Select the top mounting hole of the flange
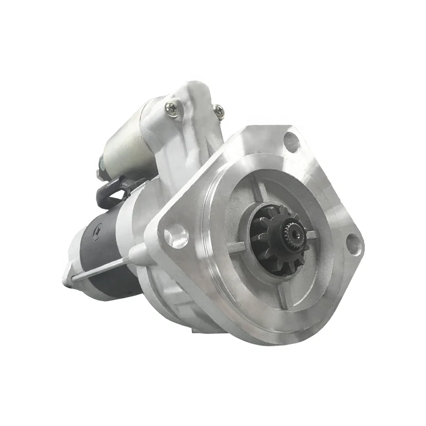tap(292, 142)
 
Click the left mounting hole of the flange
tap(175, 237)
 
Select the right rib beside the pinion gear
tap(312, 234)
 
